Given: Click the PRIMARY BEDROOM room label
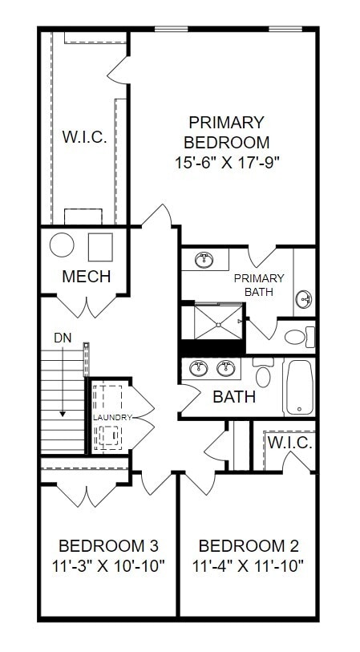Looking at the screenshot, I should [226, 132].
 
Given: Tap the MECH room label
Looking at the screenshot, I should [86, 277].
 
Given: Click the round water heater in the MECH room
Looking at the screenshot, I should [62, 245].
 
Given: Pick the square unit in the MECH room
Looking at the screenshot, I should [100, 245].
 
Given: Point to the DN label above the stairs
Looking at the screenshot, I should [63, 338].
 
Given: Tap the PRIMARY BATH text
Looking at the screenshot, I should [259, 285].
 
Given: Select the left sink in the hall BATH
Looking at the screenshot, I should [199, 369].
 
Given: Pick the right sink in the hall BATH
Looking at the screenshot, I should [225, 369].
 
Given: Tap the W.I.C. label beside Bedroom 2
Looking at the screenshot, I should [289, 443].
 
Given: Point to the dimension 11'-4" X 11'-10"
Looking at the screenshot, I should [249, 566].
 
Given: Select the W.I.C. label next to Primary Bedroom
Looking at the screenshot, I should [84, 137].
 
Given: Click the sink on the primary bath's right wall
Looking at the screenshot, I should [305, 300].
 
